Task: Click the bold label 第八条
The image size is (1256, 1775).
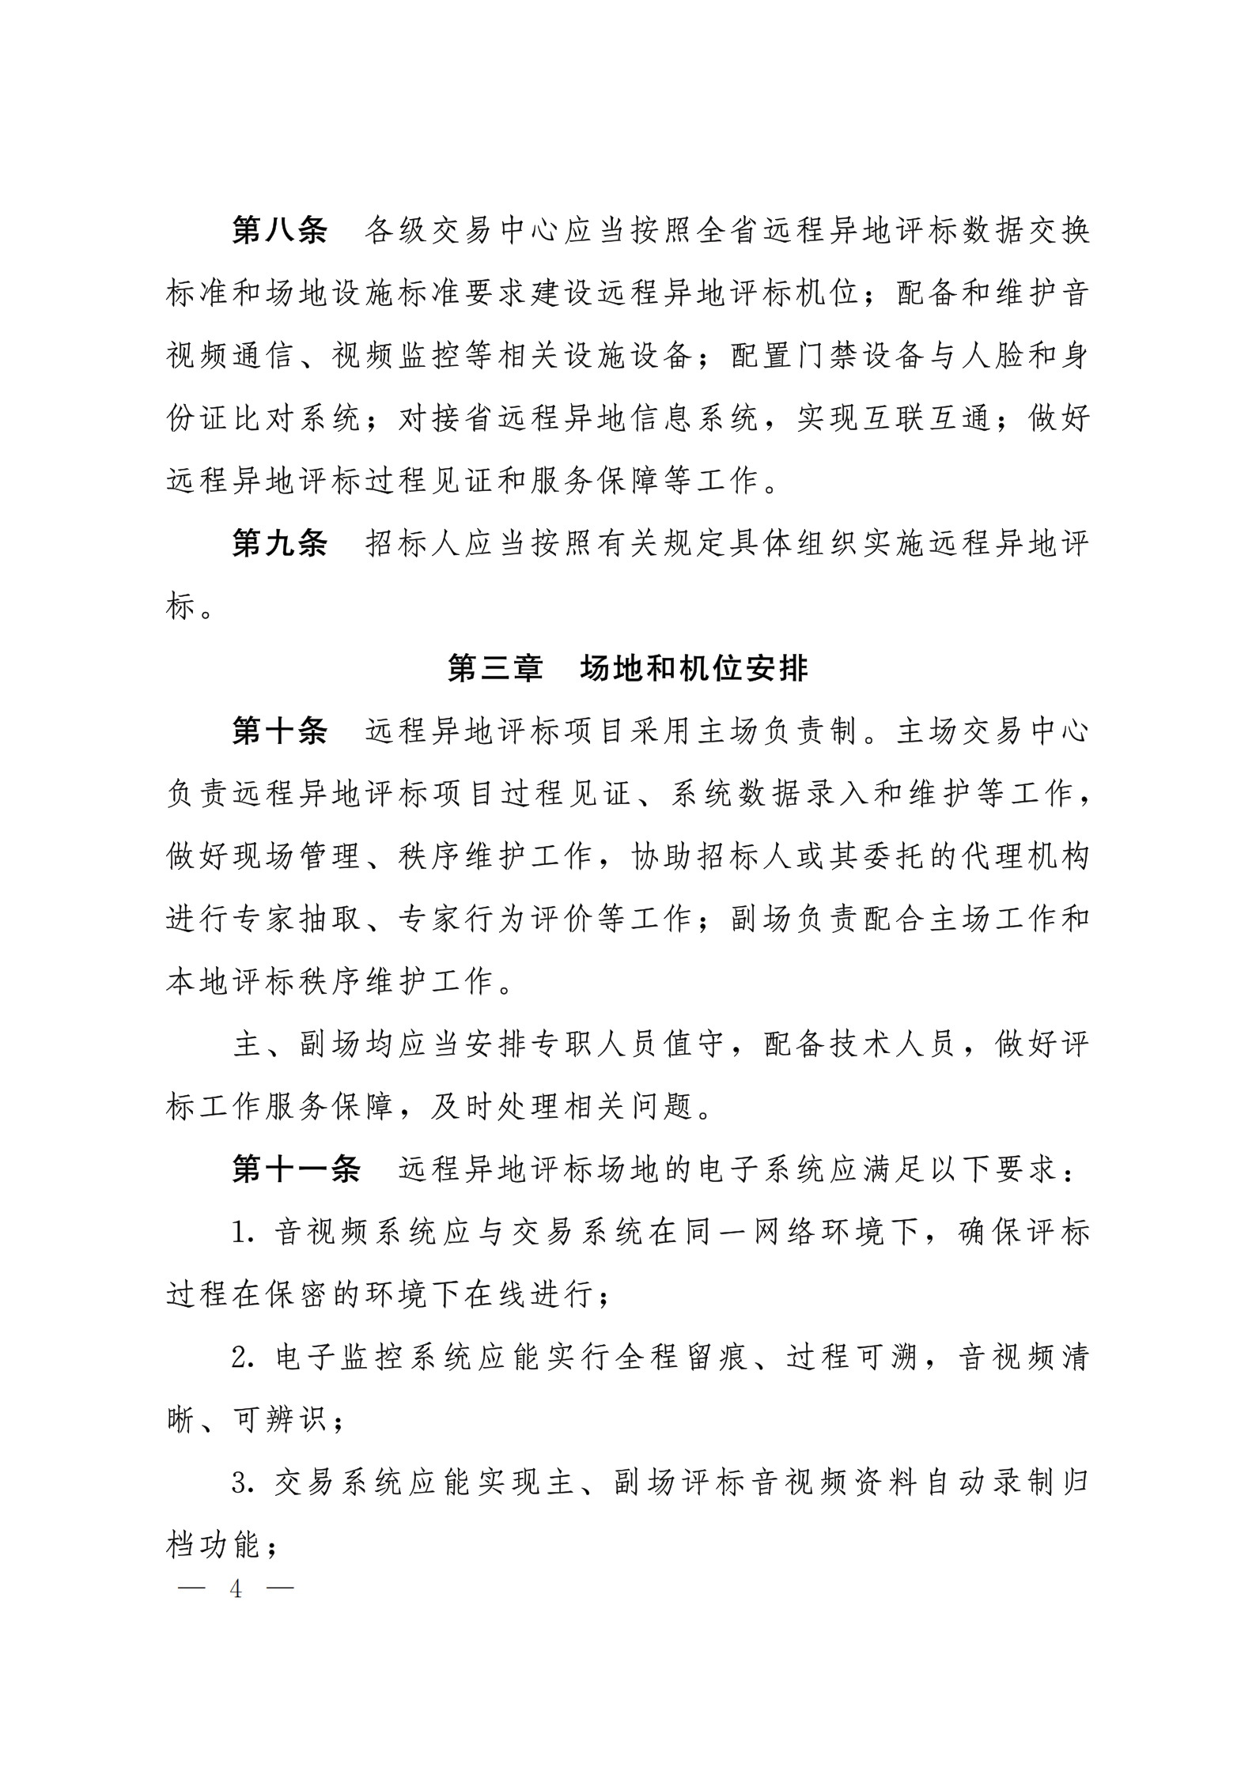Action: (x=279, y=232)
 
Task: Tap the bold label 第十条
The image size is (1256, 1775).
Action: (x=279, y=732)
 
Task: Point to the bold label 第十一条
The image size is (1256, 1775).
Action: (x=296, y=1170)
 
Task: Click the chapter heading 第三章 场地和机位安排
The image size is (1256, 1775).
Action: (x=628, y=669)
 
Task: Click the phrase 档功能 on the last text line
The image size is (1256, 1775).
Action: (x=214, y=1546)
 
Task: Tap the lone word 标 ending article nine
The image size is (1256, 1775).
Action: (x=180, y=607)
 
